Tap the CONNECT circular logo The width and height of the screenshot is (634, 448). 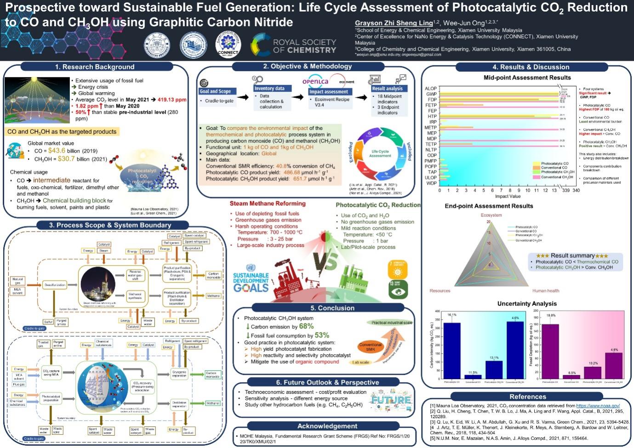(228, 45)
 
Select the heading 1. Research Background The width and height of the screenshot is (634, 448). (95, 67)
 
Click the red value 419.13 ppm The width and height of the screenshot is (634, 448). (172, 100)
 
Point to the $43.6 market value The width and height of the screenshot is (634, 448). (57, 151)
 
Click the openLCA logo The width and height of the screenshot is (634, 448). (315, 81)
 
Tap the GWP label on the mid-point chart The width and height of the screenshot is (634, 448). (431, 94)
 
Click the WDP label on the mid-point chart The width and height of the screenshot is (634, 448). (431, 183)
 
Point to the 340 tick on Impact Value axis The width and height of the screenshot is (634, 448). (576, 190)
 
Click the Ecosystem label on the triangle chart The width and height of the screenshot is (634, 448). (491, 215)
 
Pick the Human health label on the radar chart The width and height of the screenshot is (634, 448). (546, 291)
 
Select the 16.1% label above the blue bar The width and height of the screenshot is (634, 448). (452, 315)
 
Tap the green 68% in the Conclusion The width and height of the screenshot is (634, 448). (306, 326)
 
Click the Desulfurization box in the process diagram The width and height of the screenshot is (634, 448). (55, 285)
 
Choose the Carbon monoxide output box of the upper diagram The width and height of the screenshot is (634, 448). (213, 276)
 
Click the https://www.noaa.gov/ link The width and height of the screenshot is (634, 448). (598, 406)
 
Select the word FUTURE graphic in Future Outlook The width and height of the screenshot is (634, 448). (391, 399)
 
